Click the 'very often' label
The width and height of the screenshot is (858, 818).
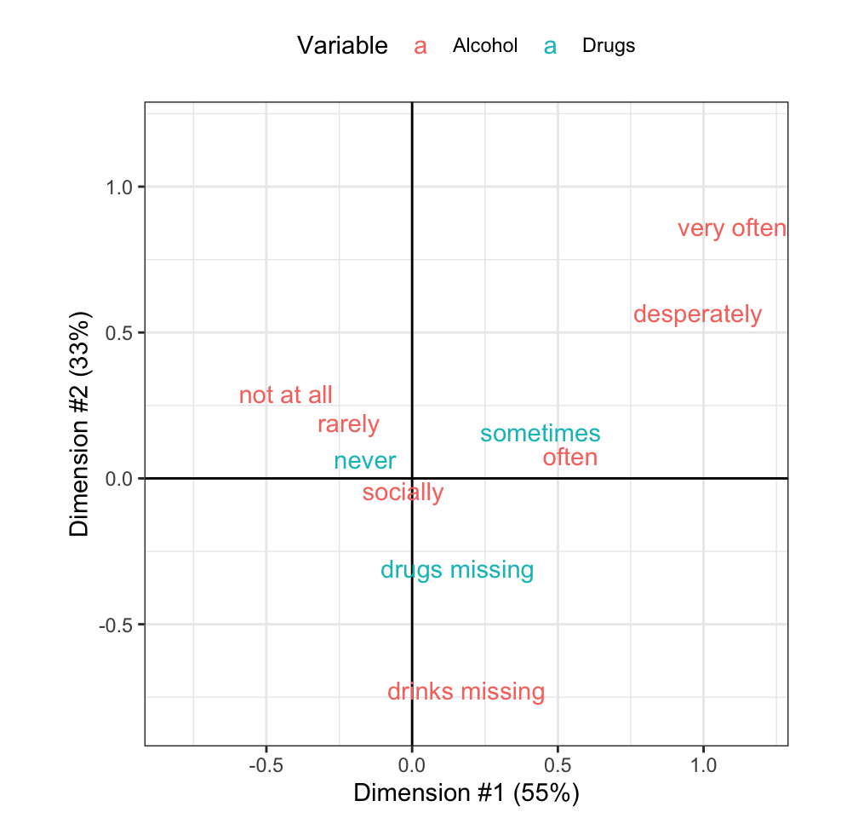tap(731, 229)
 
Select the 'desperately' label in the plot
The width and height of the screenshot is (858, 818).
tap(697, 314)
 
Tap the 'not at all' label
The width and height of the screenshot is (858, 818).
tap(285, 395)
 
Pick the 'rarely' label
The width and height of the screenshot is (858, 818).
tap(348, 423)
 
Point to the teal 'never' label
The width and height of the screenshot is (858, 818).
tap(364, 461)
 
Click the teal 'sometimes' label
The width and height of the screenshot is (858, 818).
tap(540, 434)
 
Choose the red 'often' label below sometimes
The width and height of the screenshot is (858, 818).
tap(569, 458)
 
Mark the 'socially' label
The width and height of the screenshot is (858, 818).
tap(403, 493)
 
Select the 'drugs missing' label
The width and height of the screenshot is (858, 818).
tap(456, 570)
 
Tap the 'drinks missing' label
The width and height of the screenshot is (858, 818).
tap(466, 692)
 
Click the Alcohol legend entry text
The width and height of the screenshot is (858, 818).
tap(484, 46)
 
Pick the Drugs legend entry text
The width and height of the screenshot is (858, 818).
tap(608, 46)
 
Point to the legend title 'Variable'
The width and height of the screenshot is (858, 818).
tap(342, 46)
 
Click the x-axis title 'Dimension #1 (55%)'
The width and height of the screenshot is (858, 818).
tap(466, 793)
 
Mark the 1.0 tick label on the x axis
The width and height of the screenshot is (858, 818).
tap(703, 766)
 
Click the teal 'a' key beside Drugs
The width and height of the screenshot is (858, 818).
tap(551, 46)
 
